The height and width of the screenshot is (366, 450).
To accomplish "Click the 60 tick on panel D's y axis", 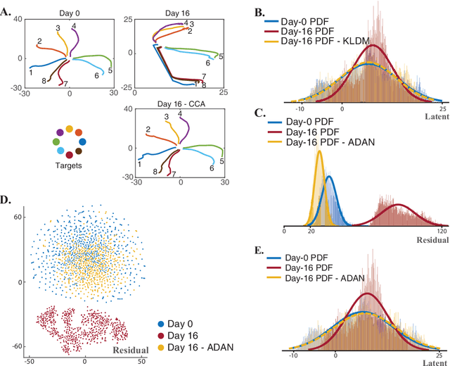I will [x=17, y=218].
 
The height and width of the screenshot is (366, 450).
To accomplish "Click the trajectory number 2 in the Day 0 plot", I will [x=39, y=42].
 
